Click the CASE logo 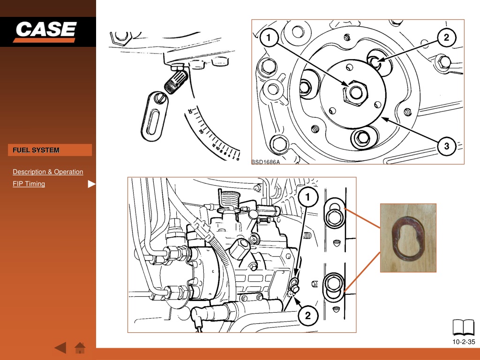pos(45,31)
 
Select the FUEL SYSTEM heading pos(36,150)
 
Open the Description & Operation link pos(48,172)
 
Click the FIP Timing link pos(29,184)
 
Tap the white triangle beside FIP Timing pos(91,184)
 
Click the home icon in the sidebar pos(80,348)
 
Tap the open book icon pos(464,328)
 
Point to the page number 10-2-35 pos(464,342)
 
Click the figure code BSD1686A pos(265,162)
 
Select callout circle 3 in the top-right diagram pos(446,146)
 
